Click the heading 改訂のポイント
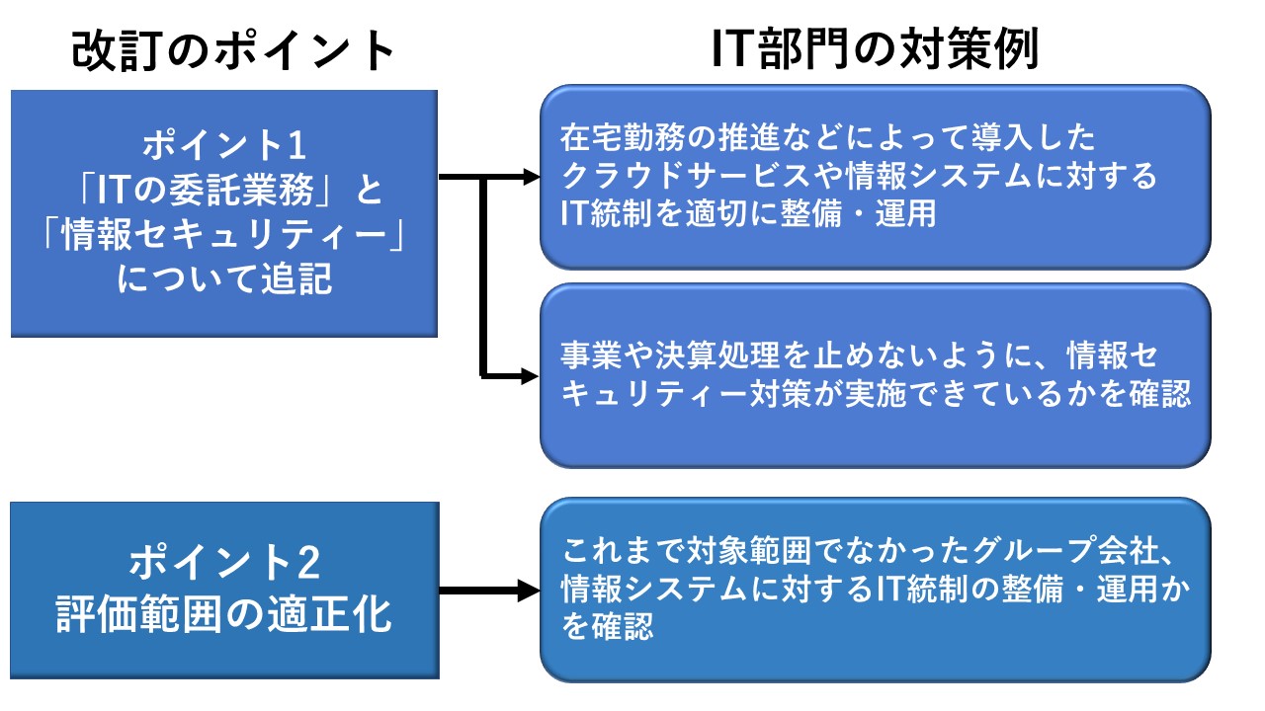[234, 50]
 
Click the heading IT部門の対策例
[875, 50]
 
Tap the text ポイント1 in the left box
[224, 146]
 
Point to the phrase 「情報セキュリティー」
[224, 236]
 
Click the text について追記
[224, 281]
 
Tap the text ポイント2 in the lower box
[224, 565]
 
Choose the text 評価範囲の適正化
[224, 614]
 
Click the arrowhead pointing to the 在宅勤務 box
[532, 178]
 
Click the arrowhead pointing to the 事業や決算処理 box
[532, 375]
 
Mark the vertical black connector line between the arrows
[483, 276]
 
